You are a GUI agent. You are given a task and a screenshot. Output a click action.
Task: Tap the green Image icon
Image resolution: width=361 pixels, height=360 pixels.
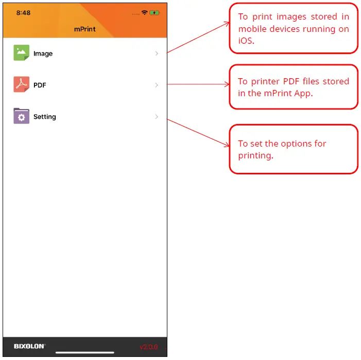(22, 53)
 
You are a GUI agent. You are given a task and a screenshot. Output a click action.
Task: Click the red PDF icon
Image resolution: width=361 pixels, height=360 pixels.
(22, 85)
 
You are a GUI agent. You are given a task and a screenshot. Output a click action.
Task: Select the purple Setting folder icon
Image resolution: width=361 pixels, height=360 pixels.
(22, 116)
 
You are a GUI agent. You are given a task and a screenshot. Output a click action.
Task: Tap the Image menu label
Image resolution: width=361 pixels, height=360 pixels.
(43, 53)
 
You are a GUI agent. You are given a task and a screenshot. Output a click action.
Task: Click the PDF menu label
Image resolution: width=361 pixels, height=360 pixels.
(40, 85)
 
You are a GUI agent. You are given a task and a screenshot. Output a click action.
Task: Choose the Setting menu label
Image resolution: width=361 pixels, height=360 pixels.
(44, 117)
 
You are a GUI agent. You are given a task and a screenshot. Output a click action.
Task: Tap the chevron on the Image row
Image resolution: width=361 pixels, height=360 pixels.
(157, 53)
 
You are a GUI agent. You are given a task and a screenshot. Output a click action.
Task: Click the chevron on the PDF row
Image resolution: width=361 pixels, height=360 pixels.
(157, 85)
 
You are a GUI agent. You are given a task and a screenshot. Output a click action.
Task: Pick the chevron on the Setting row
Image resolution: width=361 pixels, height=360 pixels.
(157, 117)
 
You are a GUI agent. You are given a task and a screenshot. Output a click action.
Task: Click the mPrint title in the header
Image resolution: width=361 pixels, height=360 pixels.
(84, 29)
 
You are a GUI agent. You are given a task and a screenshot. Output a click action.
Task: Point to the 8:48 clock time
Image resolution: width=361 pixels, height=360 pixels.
(23, 13)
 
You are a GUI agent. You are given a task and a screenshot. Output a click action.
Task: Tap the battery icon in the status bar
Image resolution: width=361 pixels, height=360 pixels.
(154, 13)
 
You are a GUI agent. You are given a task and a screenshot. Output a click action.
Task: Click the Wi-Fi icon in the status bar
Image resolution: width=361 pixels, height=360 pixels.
(145, 12)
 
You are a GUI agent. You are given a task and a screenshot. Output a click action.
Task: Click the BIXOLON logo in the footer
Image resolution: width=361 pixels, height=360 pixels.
(29, 346)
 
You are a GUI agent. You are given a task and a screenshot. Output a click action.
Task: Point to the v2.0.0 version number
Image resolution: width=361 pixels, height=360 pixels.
(149, 347)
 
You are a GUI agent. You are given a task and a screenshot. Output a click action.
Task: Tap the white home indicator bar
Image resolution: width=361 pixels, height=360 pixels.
(85, 353)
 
